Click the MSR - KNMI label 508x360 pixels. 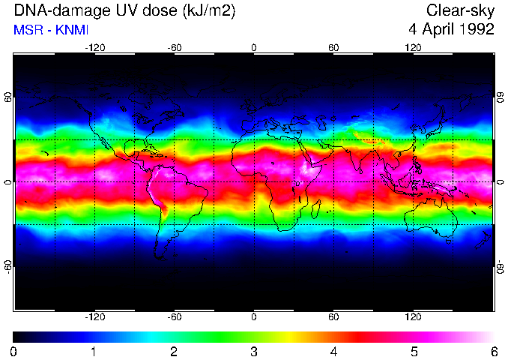tap(51, 30)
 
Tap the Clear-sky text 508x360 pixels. tap(460, 10)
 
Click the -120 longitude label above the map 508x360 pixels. tap(94, 47)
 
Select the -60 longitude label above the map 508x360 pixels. tap(175, 47)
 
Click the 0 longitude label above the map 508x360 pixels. tap(254, 47)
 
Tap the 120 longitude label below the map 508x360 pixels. tap(414, 316)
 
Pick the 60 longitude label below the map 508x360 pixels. tap(333, 316)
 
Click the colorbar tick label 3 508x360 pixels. tap(254, 351)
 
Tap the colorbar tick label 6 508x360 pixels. tap(494, 351)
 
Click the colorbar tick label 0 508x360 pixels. tap(14, 351)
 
